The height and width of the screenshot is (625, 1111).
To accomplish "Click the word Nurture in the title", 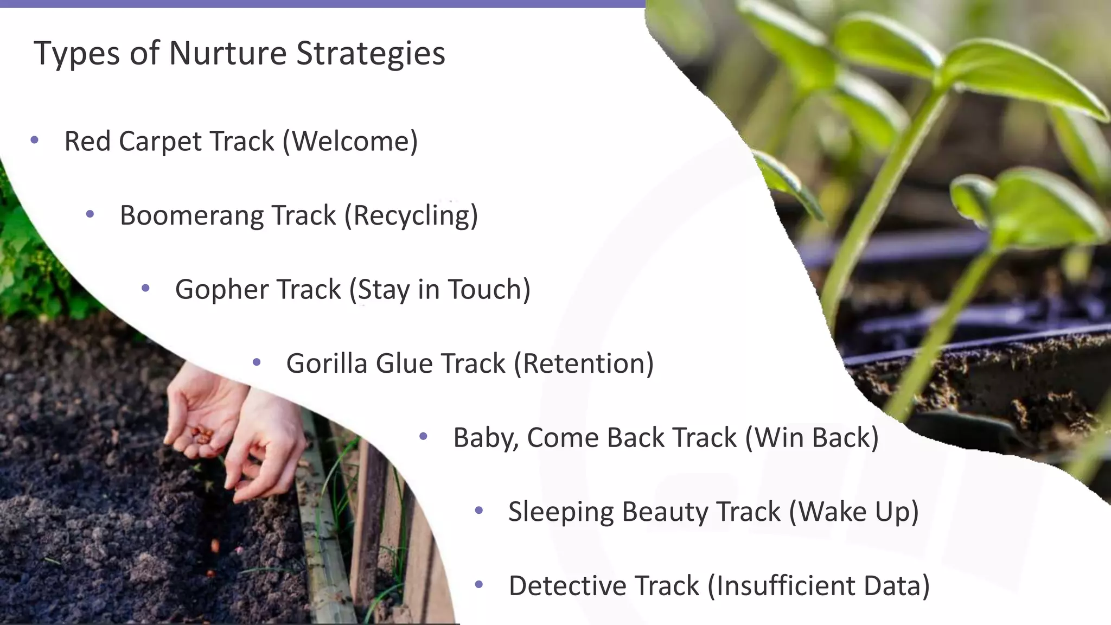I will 228,53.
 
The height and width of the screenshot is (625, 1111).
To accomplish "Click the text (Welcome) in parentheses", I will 350,142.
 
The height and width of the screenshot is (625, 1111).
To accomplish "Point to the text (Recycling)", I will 411,216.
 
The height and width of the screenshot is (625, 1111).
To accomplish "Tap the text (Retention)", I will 584,363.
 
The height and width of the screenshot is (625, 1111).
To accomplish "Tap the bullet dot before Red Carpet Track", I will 35,141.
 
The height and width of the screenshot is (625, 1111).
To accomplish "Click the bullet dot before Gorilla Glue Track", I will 257,362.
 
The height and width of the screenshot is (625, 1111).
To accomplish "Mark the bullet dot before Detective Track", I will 478,584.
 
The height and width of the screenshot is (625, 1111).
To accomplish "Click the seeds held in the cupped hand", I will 202,435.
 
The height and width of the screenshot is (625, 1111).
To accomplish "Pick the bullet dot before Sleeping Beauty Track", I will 478,511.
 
